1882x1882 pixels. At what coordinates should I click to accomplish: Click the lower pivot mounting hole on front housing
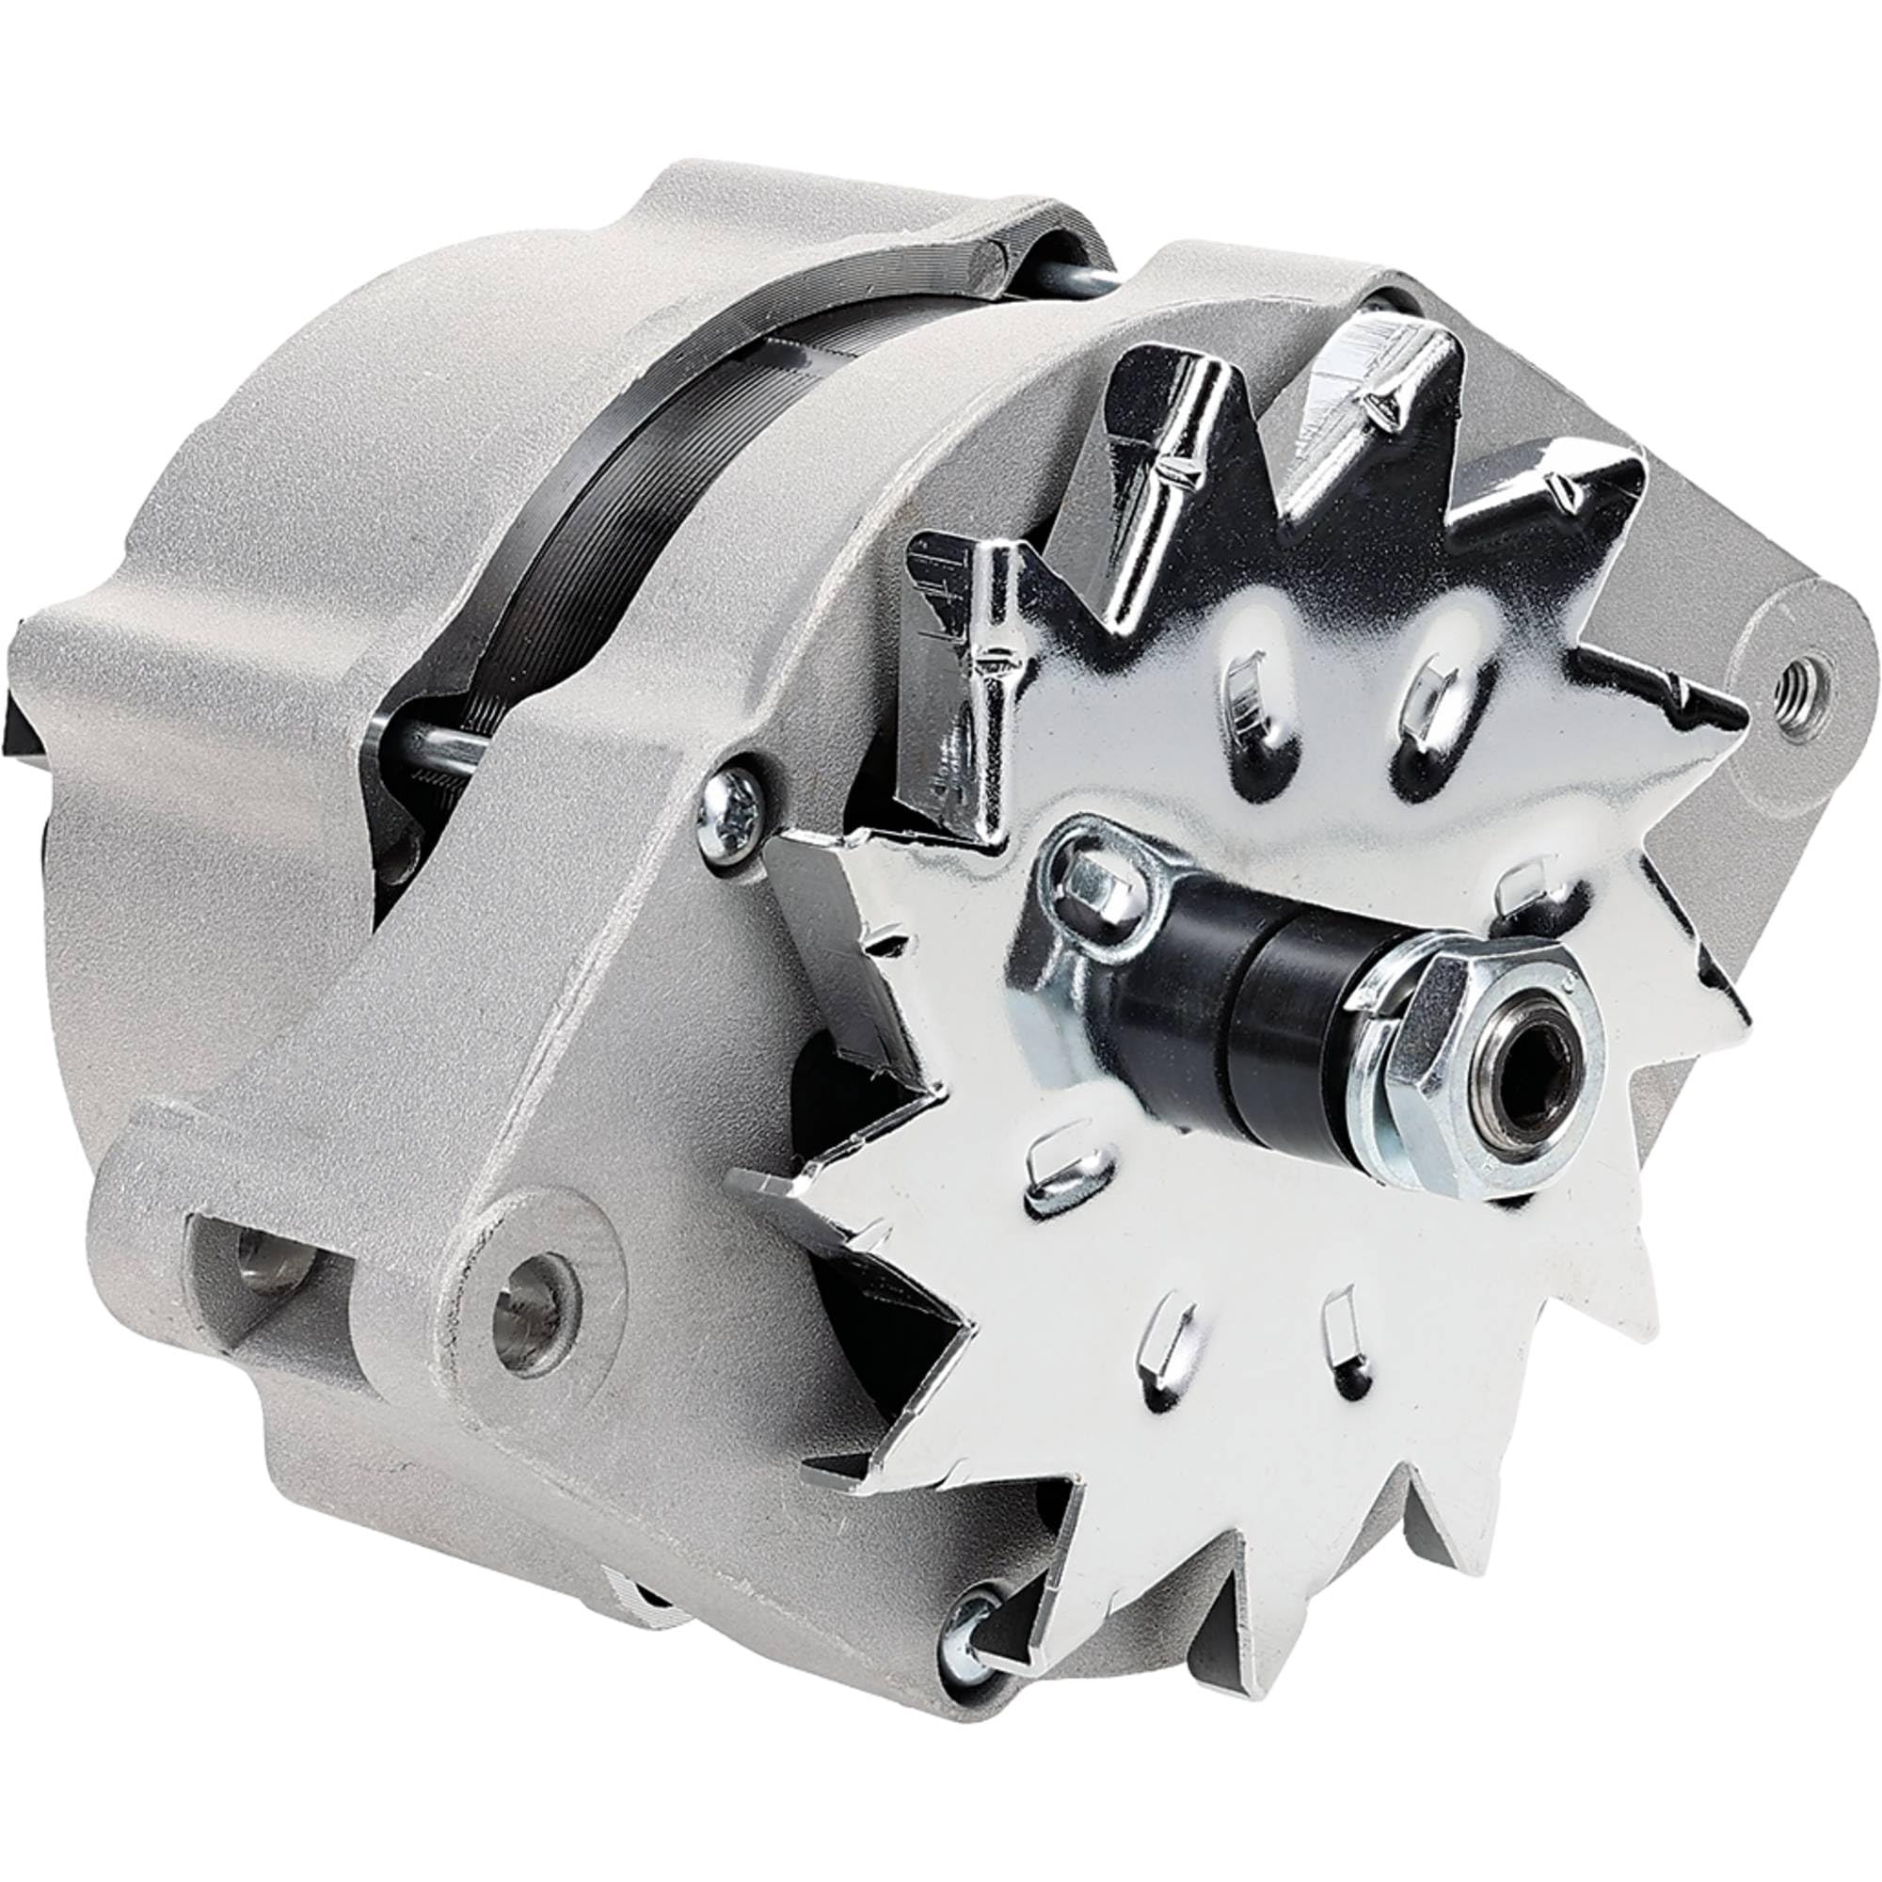(x=534, y=1294)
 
